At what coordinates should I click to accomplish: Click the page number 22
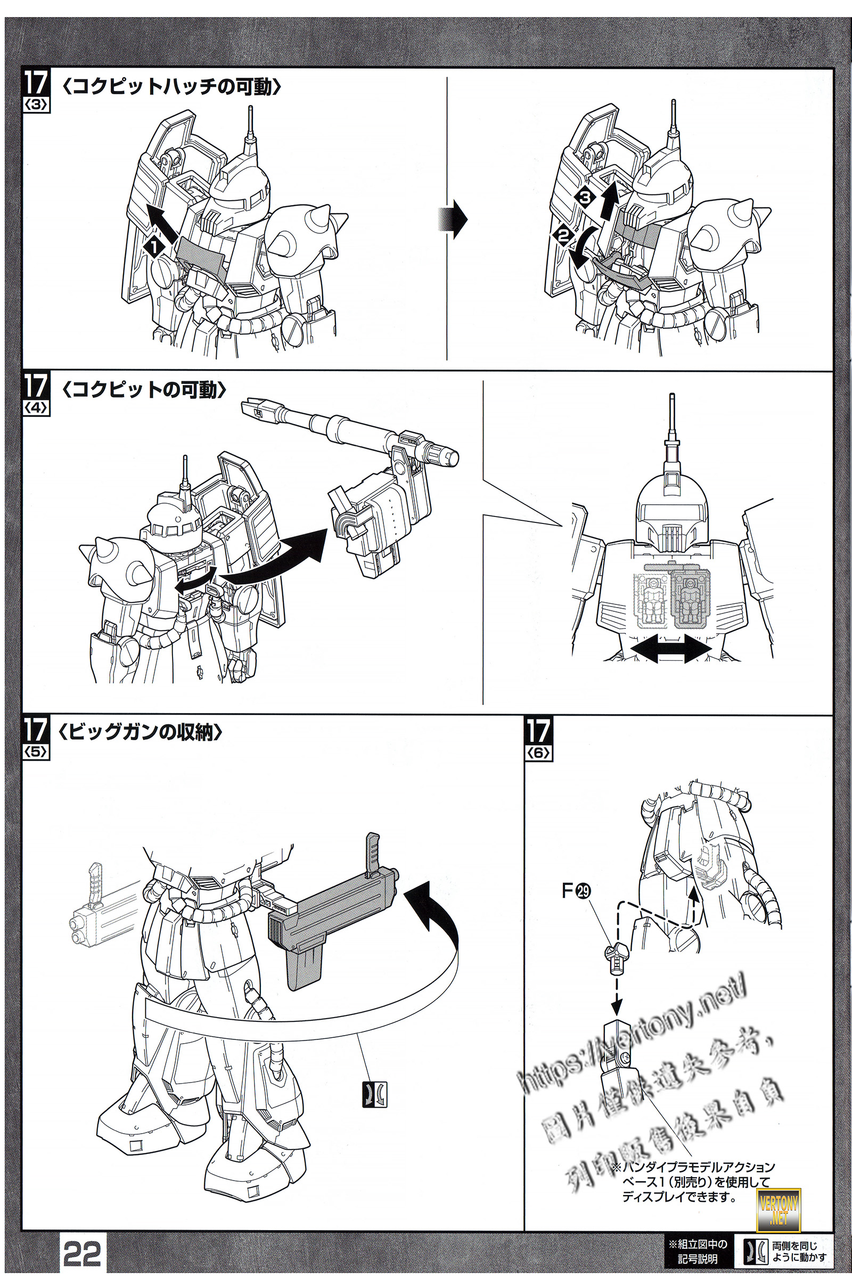click(82, 1254)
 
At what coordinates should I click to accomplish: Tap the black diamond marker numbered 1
click(154, 247)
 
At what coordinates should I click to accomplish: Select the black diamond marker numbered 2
click(563, 236)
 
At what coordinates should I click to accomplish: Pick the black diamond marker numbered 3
click(585, 197)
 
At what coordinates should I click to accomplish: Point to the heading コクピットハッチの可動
click(171, 86)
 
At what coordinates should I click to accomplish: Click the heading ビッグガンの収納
click(140, 733)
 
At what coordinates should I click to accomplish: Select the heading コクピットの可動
click(144, 390)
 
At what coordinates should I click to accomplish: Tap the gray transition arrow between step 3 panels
click(452, 219)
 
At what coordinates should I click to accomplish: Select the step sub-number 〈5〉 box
click(36, 752)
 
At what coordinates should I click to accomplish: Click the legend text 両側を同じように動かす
click(799, 1252)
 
